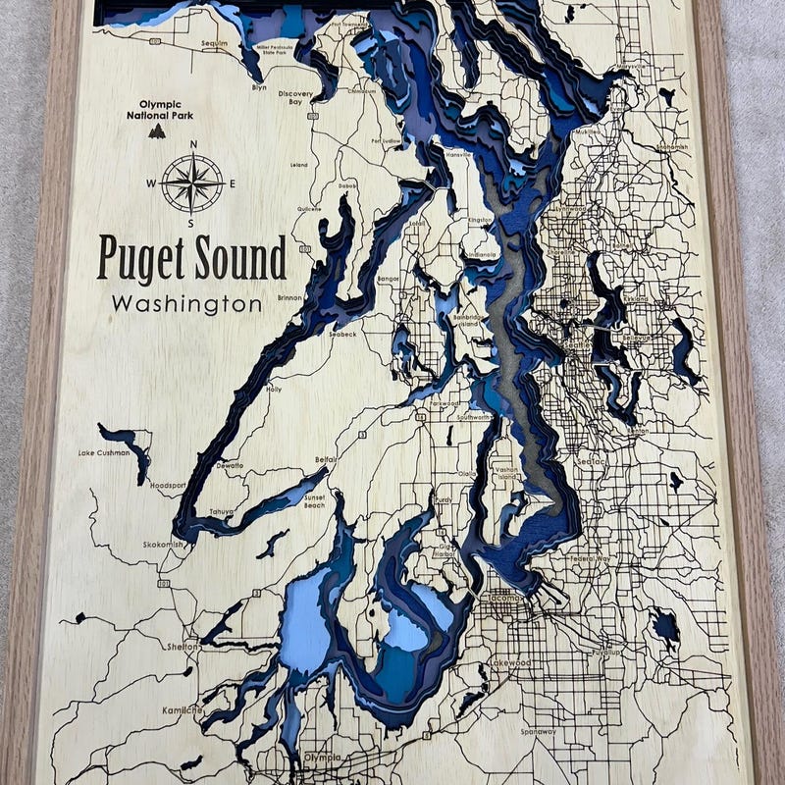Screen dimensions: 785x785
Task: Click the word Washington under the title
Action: pyautogui.click(x=186, y=304)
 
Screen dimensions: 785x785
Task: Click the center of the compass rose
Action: pyautogui.click(x=192, y=183)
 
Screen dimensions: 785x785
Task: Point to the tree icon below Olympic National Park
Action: pyautogui.click(x=157, y=131)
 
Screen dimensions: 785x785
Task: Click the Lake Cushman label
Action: pyautogui.click(x=103, y=453)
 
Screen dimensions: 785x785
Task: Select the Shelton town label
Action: pyautogui.click(x=183, y=647)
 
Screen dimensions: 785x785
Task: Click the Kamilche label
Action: pyautogui.click(x=183, y=709)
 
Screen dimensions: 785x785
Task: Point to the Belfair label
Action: pyautogui.click(x=326, y=458)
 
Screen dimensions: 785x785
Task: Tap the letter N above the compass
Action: pyautogui.click(x=192, y=144)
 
